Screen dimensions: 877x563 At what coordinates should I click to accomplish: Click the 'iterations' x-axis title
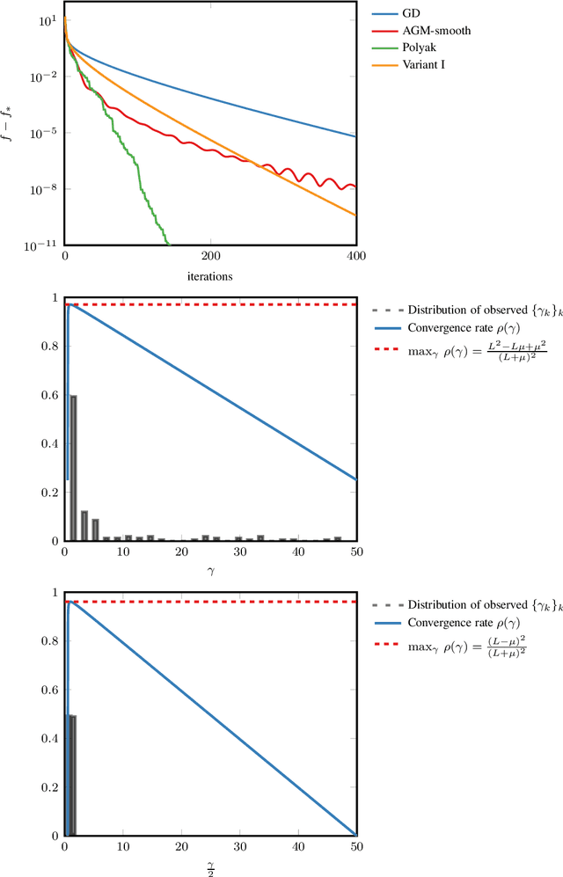(209, 275)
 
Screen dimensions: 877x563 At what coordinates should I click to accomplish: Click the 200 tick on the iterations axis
(210, 255)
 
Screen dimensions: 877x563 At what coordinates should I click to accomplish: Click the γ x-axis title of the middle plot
(209, 570)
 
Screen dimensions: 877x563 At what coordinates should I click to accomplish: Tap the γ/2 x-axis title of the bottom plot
(209, 866)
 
